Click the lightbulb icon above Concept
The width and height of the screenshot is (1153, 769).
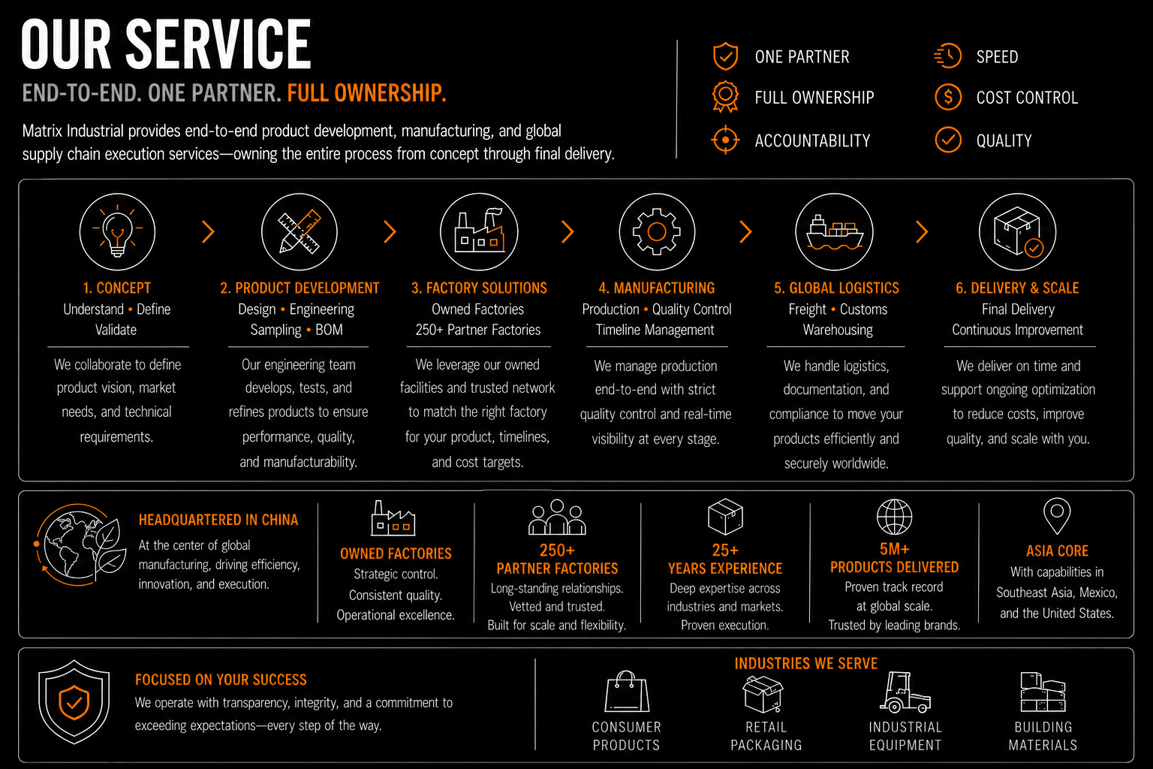117,231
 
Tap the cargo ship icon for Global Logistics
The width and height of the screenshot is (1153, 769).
834,231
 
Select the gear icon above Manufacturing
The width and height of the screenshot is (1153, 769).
657,231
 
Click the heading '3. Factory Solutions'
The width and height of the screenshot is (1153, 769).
479,288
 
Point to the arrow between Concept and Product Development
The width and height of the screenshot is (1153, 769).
208,231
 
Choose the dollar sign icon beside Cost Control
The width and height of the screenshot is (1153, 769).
948,97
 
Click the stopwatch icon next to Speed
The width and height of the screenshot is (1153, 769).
947,56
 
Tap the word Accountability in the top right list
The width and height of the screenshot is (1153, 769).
812,140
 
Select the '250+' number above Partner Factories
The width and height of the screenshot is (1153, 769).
557,550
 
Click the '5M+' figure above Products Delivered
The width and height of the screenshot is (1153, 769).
894,549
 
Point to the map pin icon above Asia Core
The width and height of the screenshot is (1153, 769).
1056,516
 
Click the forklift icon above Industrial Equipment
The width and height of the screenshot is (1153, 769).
905,692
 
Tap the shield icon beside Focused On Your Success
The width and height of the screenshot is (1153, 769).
74,702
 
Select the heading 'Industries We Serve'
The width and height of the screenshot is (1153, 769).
805,663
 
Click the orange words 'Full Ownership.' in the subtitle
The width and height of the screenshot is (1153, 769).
366,93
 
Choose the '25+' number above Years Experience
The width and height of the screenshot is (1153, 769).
725,550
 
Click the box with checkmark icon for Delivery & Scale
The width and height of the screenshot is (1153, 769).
1018,231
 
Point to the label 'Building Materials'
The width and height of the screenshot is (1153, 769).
1043,736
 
